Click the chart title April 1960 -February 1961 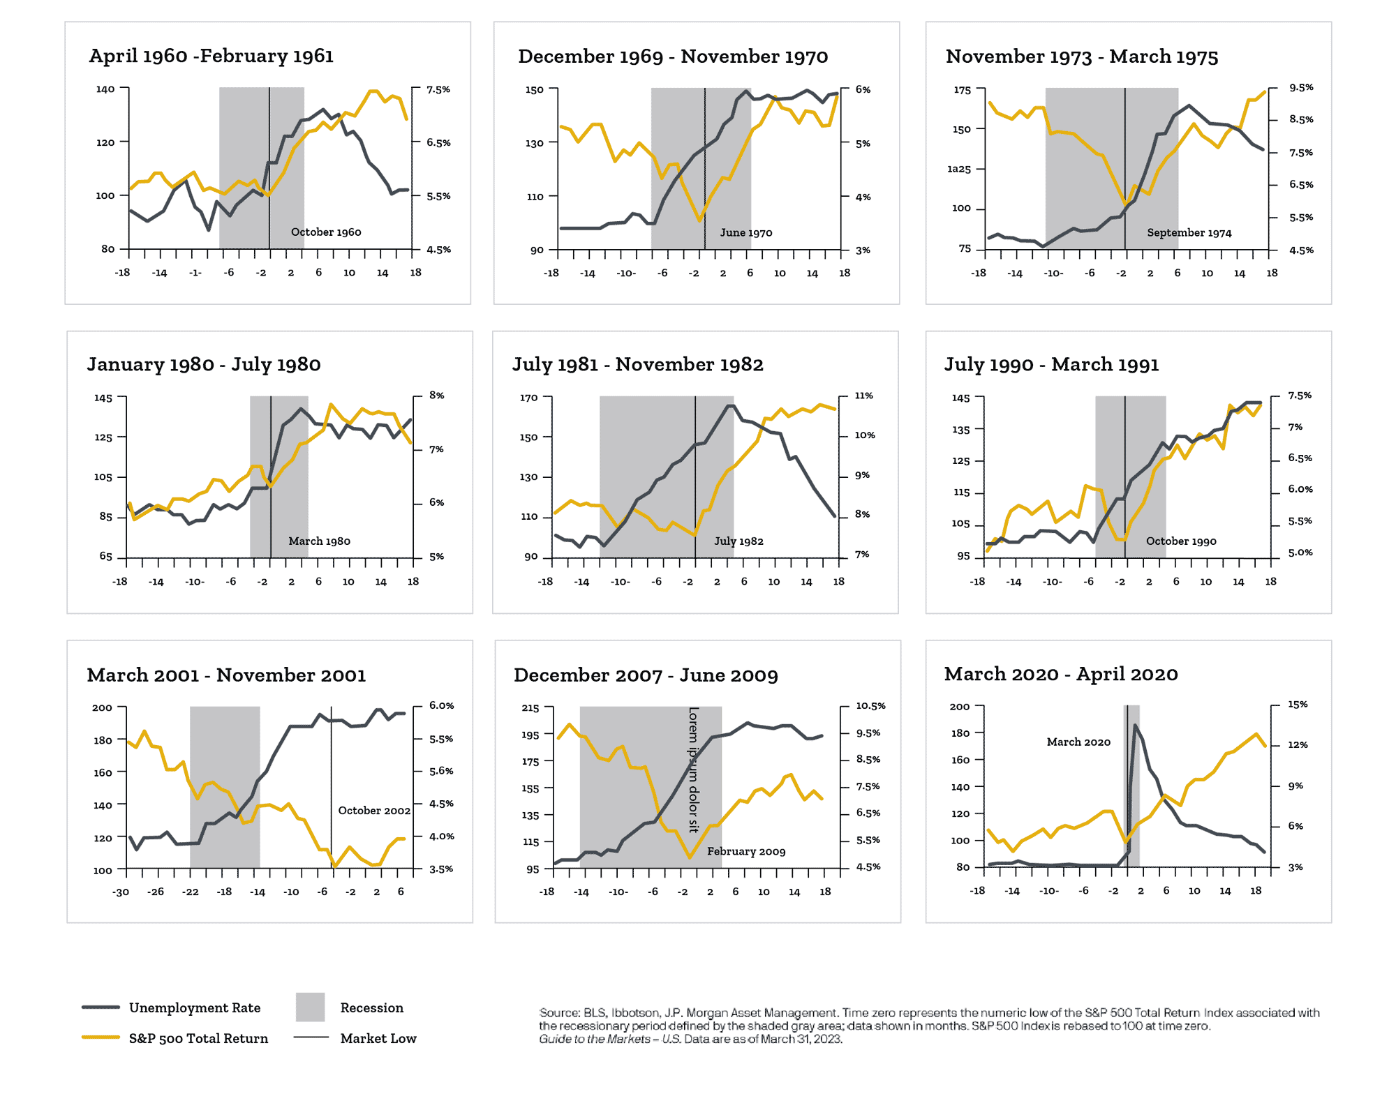(211, 56)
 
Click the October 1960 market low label (326, 232)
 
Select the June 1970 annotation (746, 233)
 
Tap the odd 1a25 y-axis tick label (959, 169)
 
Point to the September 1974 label (1189, 233)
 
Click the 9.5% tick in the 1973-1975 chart (1301, 88)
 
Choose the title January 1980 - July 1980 (204, 365)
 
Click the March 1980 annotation (320, 541)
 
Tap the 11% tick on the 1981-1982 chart (864, 396)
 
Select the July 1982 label (738, 541)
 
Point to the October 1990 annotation (1181, 541)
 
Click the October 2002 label (374, 811)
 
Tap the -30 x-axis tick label (121, 892)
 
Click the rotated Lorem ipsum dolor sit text (694, 770)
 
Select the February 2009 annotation (746, 852)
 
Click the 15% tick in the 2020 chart (1298, 705)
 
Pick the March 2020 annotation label (1078, 742)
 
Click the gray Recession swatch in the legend (311, 1007)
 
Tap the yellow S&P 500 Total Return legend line (101, 1037)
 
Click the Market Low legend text (378, 1039)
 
